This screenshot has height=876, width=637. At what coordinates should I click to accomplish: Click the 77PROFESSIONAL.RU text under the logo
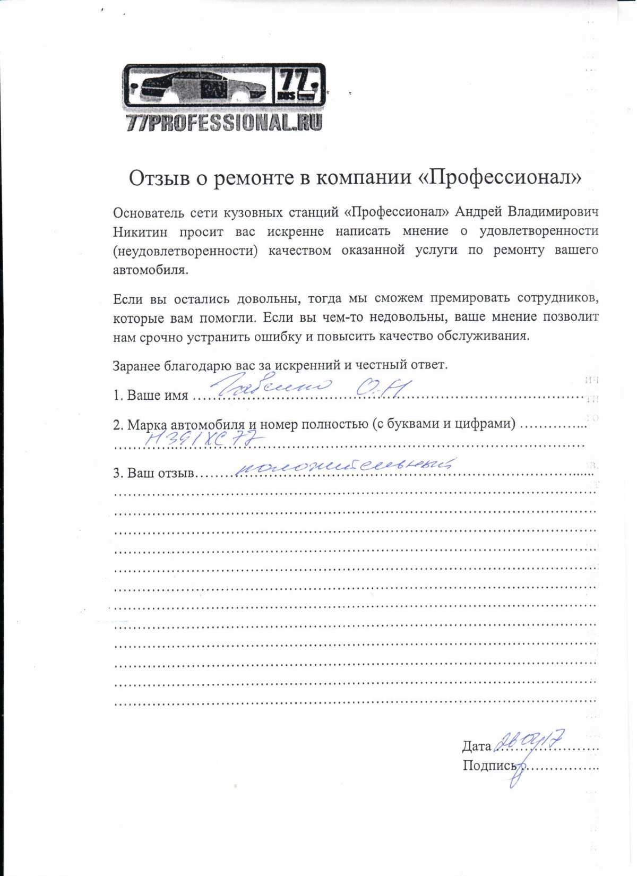pos(224,123)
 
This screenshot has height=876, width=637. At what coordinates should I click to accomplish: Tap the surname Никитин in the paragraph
pos(140,232)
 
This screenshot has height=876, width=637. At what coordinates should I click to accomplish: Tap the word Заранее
pos(136,365)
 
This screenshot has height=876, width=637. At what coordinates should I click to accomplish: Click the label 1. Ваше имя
pos(151,396)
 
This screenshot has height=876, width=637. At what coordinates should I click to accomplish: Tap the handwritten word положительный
pos(344,465)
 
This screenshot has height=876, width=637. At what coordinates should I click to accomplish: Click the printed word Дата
pos(477,746)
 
